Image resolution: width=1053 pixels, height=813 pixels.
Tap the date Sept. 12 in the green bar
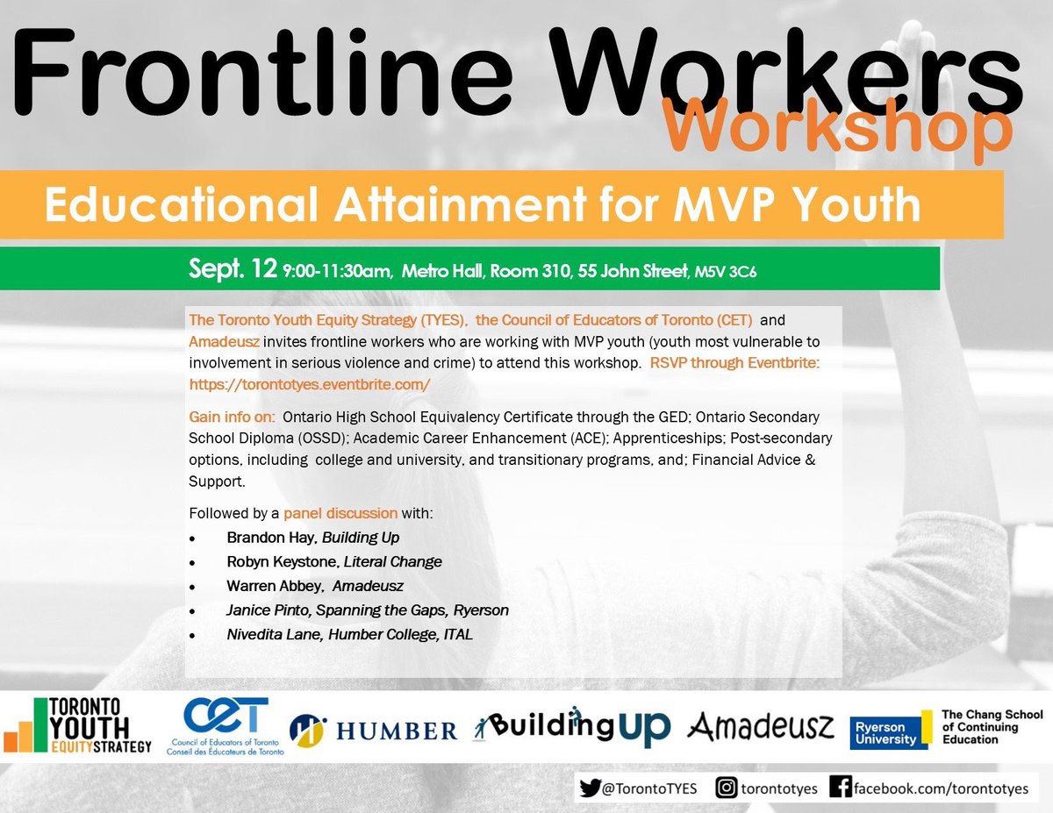233,268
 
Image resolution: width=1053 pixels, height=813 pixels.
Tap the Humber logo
375,730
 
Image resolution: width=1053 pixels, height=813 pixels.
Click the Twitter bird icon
591,788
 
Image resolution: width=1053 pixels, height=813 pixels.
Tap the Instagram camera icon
727,788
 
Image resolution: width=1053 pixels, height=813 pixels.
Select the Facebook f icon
841,788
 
